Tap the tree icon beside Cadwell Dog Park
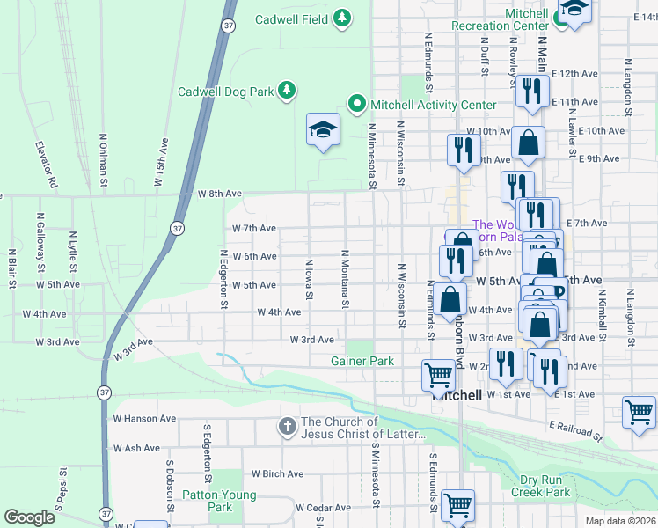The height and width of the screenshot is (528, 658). click(x=286, y=91)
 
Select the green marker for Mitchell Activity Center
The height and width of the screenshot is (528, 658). click(x=356, y=105)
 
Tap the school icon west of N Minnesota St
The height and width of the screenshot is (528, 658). click(x=323, y=130)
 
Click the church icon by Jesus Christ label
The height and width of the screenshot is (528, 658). click(x=287, y=428)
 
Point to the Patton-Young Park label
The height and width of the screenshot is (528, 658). click(x=219, y=501)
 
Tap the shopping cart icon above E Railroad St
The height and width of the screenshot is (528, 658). click(x=639, y=412)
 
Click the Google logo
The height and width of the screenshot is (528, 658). click(x=30, y=517)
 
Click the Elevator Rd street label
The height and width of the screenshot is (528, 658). click(x=46, y=165)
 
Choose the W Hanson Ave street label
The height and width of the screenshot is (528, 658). click(x=144, y=419)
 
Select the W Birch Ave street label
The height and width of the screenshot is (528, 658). click(x=278, y=474)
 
